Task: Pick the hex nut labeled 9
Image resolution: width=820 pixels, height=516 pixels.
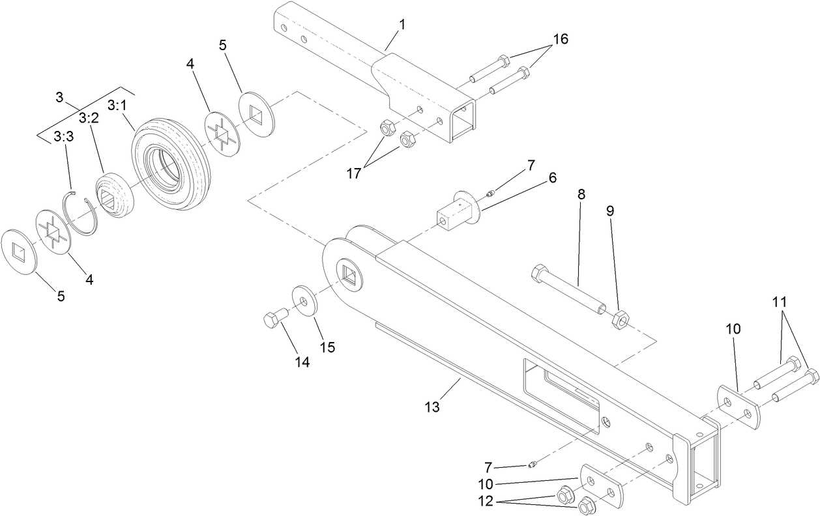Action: pyautogui.click(x=619, y=319)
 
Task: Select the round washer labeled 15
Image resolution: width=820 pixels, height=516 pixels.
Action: pyautogui.click(x=304, y=300)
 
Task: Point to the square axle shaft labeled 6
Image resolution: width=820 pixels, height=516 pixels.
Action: pyautogui.click(x=458, y=212)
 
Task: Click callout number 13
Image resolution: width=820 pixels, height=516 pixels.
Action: pyautogui.click(x=432, y=407)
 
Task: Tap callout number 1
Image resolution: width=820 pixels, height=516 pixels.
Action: pyautogui.click(x=402, y=25)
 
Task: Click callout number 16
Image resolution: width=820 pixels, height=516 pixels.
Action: pyautogui.click(x=561, y=39)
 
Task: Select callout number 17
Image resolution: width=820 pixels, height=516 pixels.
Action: pyautogui.click(x=354, y=173)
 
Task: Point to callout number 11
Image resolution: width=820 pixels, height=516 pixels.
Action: pyautogui.click(x=780, y=302)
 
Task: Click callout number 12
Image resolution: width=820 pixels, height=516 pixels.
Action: pyautogui.click(x=486, y=501)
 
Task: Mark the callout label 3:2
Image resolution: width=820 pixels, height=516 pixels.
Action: pyautogui.click(x=89, y=118)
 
